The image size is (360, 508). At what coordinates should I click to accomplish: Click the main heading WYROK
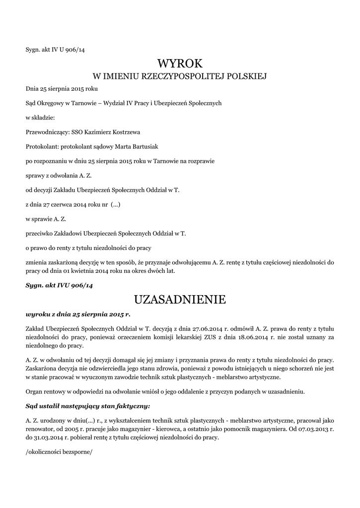click(180, 63)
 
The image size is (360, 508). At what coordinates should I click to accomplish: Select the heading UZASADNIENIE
click(180, 300)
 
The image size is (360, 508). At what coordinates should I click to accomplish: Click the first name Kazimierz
click(99, 132)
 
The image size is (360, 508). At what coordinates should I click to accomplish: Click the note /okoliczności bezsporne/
click(59, 453)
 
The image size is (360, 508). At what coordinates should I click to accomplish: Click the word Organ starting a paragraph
click(34, 391)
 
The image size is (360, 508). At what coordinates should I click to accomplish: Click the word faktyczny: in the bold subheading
click(133, 406)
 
